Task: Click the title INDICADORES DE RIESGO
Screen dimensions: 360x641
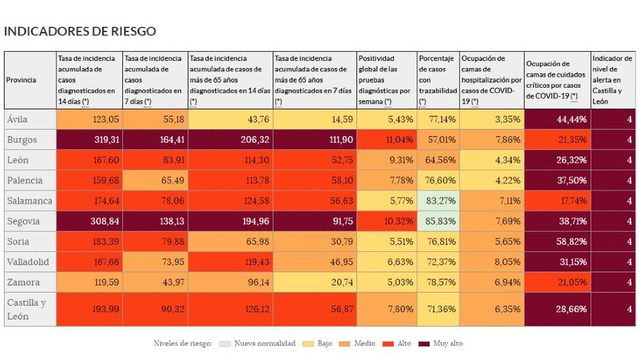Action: point(80,31)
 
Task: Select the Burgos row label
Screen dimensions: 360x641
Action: point(22,140)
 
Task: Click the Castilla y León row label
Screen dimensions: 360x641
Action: point(26,309)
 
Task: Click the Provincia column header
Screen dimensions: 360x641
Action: point(22,81)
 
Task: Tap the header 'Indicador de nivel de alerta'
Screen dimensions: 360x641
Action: point(612,81)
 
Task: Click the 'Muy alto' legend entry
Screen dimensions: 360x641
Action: point(444,344)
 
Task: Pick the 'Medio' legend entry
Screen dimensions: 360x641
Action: point(360,344)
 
